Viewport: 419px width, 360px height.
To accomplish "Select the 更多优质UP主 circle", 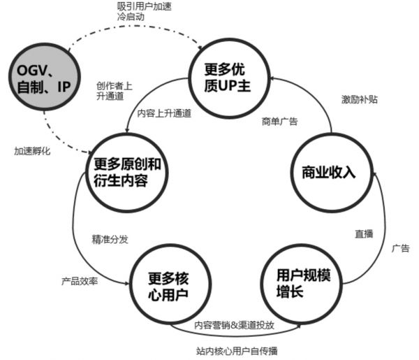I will [x=226, y=78].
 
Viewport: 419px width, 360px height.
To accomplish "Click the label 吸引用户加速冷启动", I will [x=144, y=12].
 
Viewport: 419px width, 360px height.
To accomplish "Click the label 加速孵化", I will [x=32, y=151].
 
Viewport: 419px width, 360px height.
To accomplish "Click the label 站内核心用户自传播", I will [x=237, y=350].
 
